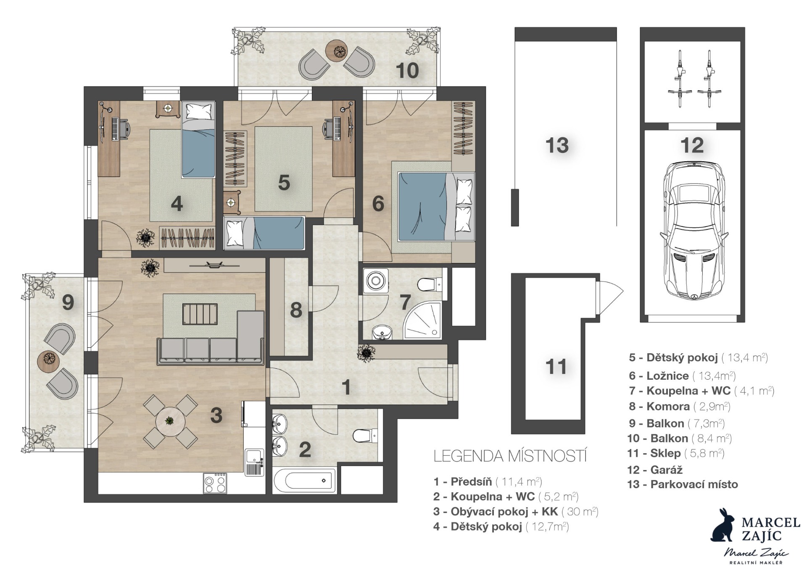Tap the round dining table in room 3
click(x=170, y=421)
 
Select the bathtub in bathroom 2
click(x=305, y=480)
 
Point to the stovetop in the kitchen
click(x=215, y=483)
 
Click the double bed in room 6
click(x=436, y=207)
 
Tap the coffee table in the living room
click(x=200, y=314)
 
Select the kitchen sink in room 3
click(x=254, y=462)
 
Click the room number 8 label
click(x=296, y=310)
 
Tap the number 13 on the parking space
click(x=557, y=145)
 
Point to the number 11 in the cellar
click(x=556, y=367)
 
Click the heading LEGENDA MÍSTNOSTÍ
click(x=510, y=456)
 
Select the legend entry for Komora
click(x=680, y=407)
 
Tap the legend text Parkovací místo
click(x=694, y=484)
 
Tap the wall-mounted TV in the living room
click(x=214, y=265)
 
